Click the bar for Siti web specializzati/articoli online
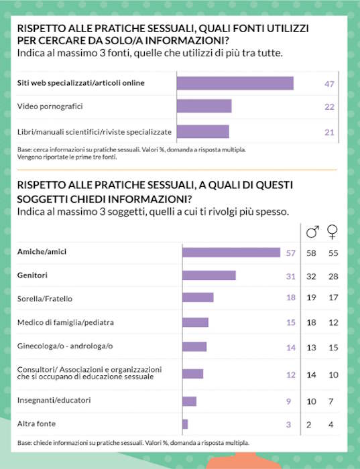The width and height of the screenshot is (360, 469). tap(235, 83)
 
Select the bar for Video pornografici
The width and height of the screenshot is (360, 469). tap(204, 107)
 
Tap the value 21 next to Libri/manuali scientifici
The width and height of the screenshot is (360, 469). tap(329, 132)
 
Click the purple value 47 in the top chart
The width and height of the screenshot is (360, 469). tap(329, 83)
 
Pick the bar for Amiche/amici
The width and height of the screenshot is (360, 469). tap(231, 253)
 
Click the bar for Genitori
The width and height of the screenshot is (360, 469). tap(208, 275)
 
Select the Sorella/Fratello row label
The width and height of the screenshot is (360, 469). tap(44, 298)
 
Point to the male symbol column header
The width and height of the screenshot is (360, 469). tap(312, 232)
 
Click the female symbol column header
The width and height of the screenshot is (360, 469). tap(332, 232)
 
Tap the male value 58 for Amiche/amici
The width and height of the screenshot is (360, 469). tap(310, 253)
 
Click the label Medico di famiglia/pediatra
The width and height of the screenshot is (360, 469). tap(65, 322)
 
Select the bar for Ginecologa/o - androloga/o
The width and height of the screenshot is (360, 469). tap(194, 346)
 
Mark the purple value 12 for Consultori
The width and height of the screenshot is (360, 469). tap(291, 374)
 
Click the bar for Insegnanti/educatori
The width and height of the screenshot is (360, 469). tap(189, 401)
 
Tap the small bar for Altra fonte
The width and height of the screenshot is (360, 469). tap(185, 424)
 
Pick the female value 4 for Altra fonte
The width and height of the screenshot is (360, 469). tap(332, 424)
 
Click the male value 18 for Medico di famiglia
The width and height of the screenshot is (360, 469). tap(310, 322)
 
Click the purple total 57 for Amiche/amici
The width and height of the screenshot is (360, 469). tap(291, 253)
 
